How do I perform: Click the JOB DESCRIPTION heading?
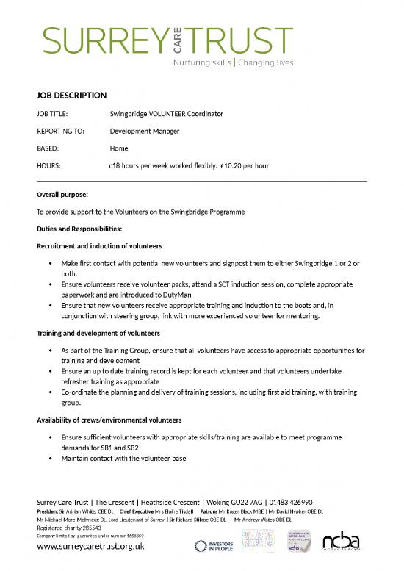tap(72, 96)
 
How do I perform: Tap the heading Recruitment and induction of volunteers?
tap(99, 245)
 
